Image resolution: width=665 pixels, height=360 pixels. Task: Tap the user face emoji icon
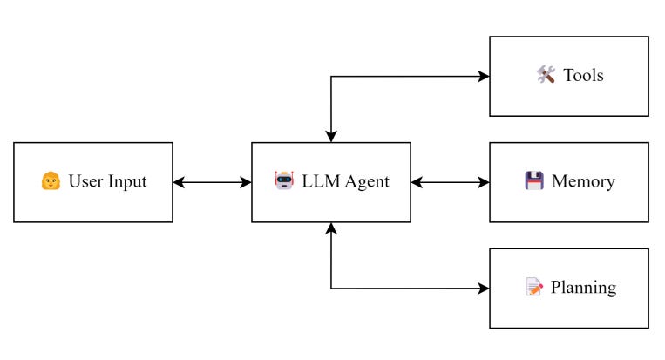tap(51, 182)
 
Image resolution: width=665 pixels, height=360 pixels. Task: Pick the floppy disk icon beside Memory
tap(534, 182)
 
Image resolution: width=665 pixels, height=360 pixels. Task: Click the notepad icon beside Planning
tap(534, 288)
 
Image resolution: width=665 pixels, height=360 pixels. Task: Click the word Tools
tap(583, 76)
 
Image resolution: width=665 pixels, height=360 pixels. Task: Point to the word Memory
tap(583, 182)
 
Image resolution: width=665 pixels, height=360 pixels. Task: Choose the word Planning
tap(583, 288)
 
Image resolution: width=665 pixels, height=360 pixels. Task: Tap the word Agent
tap(366, 182)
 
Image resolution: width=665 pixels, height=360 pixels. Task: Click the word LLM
tap(322, 182)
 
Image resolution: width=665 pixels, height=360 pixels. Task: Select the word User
tap(86, 182)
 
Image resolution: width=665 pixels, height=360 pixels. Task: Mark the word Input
tap(128, 182)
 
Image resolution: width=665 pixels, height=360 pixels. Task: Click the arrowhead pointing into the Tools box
tap(484, 76)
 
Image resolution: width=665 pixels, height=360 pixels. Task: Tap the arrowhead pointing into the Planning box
tap(484, 288)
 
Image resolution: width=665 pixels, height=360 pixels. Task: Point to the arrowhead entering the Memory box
tap(484, 182)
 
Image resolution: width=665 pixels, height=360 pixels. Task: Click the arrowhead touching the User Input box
tap(179, 182)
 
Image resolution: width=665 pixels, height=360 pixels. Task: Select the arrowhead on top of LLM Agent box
tap(331, 137)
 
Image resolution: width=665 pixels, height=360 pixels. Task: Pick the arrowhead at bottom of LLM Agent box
tap(331, 228)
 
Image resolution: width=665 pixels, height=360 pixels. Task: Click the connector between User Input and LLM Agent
tap(212, 182)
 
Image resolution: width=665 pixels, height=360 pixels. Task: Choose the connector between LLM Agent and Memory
tap(450, 182)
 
